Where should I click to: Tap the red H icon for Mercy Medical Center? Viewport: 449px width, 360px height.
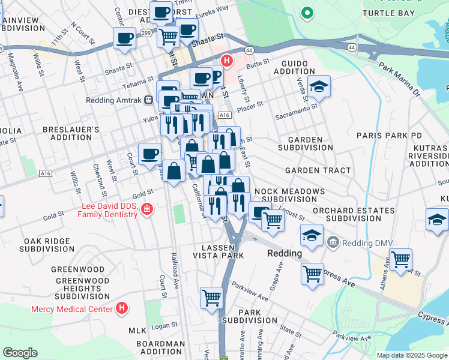[x=122, y=308]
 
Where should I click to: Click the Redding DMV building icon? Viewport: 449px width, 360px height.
[x=333, y=242]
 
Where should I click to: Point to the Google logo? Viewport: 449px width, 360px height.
[x=20, y=353]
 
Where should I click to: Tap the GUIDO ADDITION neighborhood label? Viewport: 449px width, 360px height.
[x=294, y=67]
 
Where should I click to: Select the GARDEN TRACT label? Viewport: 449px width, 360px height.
[x=318, y=170]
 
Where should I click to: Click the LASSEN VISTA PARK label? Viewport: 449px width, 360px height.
[x=217, y=251]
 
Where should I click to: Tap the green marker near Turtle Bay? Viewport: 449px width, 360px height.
[x=307, y=12]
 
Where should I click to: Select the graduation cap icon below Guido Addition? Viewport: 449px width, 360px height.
[x=319, y=86]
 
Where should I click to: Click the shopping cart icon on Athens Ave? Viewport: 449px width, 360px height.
[x=400, y=260]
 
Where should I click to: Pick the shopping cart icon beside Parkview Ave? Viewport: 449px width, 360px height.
[x=211, y=298]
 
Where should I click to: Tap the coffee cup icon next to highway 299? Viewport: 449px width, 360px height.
[x=125, y=38]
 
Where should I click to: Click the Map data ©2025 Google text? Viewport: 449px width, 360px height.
[x=411, y=355]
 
